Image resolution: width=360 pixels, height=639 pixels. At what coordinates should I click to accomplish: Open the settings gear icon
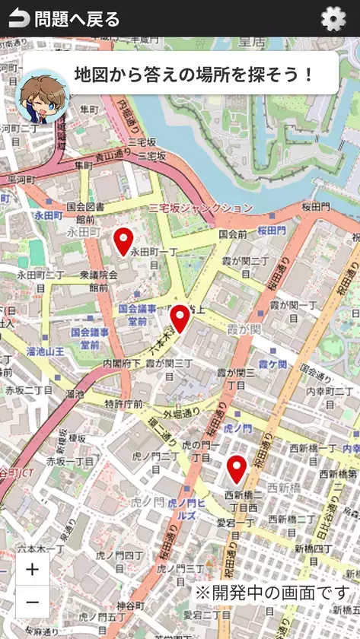click(333, 19)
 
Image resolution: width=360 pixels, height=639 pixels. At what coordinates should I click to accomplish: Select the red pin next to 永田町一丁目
click(123, 241)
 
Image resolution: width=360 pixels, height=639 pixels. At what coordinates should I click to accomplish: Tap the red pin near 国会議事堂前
click(180, 318)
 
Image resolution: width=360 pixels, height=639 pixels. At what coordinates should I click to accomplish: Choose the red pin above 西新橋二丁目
click(237, 469)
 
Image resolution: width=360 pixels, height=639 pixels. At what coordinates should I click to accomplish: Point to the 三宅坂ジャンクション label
click(201, 208)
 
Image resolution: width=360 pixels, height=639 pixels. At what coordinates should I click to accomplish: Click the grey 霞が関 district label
click(244, 329)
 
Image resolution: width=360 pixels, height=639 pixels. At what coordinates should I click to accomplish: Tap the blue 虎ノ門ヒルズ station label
click(182, 509)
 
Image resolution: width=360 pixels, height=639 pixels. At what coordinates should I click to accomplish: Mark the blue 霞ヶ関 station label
click(271, 364)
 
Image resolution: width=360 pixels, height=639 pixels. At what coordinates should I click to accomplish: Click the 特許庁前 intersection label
click(123, 403)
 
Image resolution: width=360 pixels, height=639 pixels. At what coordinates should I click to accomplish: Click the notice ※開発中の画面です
click(274, 592)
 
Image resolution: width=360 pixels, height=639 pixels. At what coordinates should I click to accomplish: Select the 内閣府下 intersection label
click(122, 364)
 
